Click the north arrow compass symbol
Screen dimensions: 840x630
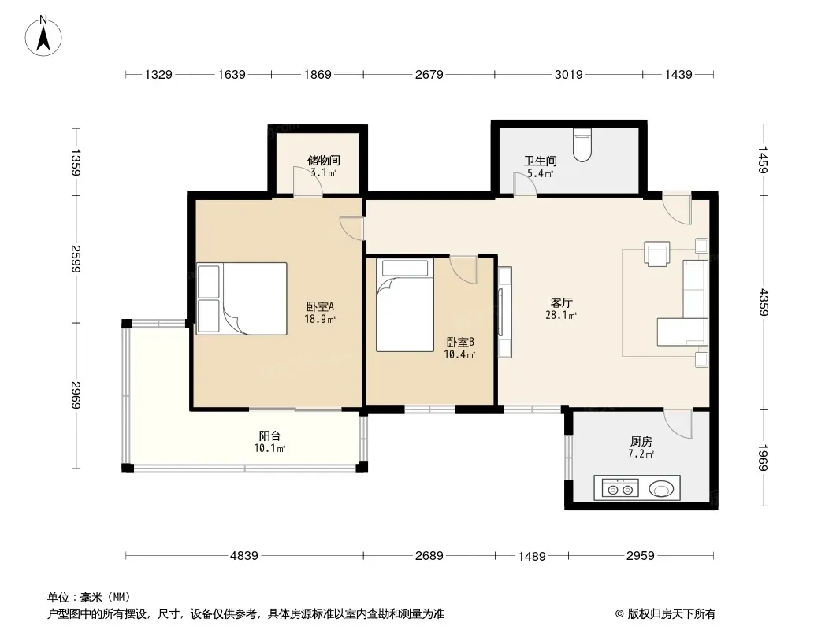(43, 36)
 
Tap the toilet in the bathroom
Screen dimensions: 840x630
(582, 145)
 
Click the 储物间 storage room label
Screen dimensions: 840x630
(324, 160)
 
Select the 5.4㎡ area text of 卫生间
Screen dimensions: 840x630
(540, 173)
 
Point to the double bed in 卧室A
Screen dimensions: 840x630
(242, 298)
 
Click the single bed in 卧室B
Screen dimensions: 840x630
(404, 305)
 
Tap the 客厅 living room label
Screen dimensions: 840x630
(561, 303)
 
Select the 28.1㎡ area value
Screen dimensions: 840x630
(561, 315)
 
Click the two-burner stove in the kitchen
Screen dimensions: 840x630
(620, 489)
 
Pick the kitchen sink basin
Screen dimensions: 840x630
(661, 489)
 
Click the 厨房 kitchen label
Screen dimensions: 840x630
(641, 442)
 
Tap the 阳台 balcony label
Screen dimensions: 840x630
(269, 436)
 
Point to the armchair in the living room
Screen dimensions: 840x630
(656, 254)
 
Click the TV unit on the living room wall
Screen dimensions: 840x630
(504, 312)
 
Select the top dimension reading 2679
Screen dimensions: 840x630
(429, 74)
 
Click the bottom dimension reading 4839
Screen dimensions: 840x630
(244, 556)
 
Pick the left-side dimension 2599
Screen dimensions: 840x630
(76, 259)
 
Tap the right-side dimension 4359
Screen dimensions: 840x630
(764, 302)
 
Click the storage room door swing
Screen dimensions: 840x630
(307, 181)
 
